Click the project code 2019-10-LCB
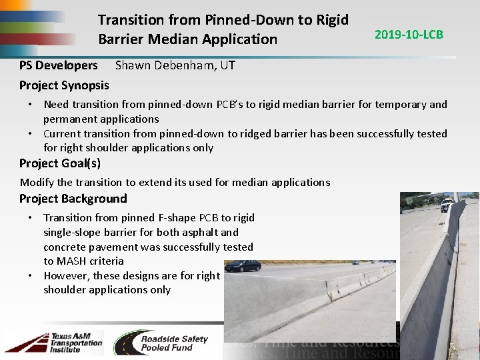[409, 34]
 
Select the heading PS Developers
[58, 65]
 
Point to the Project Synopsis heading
[64, 85]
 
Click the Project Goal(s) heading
[60, 163]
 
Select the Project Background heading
[73, 199]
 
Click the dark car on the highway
[242, 266]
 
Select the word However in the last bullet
[67, 275]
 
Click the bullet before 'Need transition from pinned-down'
[31, 105]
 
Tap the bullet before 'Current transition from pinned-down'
[31, 133]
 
